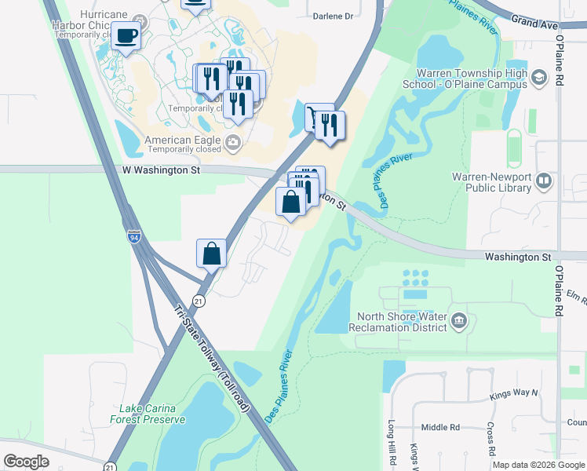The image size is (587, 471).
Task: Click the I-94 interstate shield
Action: pyautogui.click(x=135, y=236)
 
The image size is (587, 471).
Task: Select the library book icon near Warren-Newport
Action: pyautogui.click(x=543, y=183)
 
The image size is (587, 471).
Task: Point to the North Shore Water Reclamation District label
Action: pyautogui.click(x=396, y=321)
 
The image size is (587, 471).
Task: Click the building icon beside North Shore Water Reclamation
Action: pyautogui.click(x=460, y=320)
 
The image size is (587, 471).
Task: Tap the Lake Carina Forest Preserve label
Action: pyautogui.click(x=152, y=414)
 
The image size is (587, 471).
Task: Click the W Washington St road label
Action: pyautogui.click(x=162, y=170)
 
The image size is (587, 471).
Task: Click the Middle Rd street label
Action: pyautogui.click(x=439, y=428)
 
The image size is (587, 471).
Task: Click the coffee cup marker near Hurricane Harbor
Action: pyautogui.click(x=126, y=35)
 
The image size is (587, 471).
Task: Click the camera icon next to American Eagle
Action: pyautogui.click(x=232, y=142)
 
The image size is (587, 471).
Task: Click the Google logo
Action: pyautogui.click(x=27, y=462)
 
